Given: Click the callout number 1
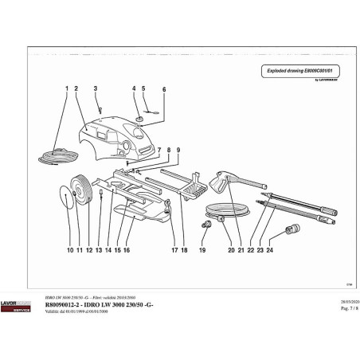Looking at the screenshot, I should (65, 88).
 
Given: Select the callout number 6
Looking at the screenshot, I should (164, 90).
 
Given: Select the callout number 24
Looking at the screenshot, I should (270, 249).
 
